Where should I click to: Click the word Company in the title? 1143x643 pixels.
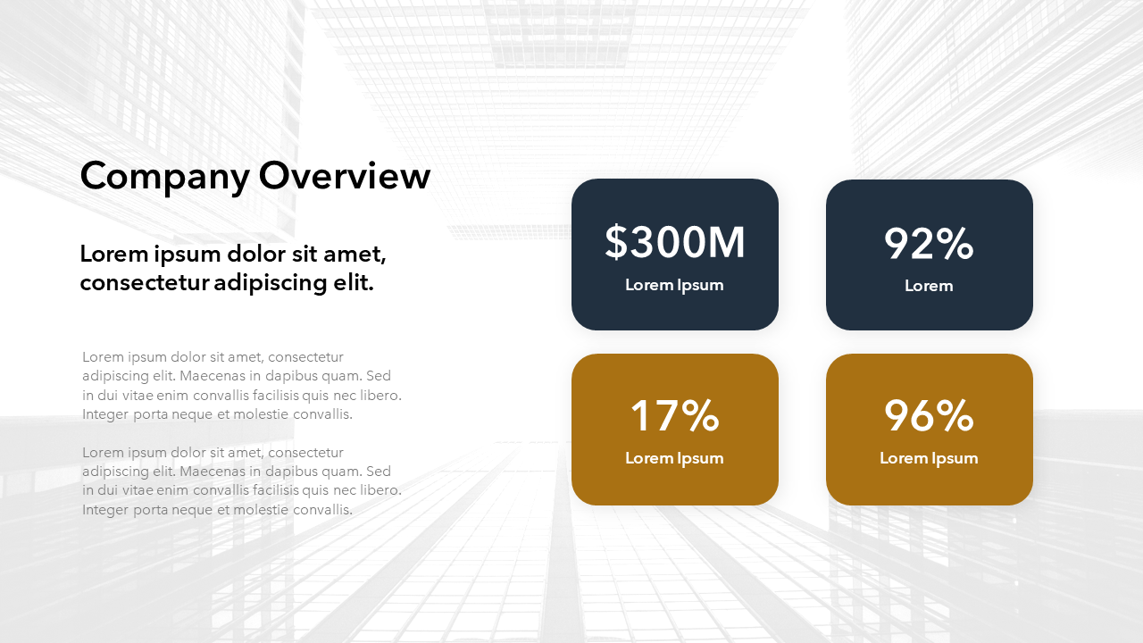(164, 177)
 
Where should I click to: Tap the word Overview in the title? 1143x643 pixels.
(345, 175)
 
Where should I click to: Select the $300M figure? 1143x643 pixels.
(674, 242)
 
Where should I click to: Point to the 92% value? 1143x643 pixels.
(929, 244)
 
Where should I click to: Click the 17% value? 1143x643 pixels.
(674, 416)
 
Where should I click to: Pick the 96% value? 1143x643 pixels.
(929, 416)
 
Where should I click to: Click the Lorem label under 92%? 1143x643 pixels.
(929, 286)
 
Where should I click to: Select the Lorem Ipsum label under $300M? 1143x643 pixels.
(674, 285)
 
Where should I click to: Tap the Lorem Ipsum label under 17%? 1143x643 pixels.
(674, 458)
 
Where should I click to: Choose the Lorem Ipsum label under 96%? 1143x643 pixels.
(929, 458)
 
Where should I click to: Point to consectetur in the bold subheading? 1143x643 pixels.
(144, 283)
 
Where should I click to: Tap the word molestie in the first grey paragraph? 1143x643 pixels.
(261, 414)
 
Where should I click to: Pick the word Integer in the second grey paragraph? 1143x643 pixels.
(105, 510)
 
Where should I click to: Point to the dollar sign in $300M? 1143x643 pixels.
(616, 242)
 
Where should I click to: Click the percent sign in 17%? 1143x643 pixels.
(700, 416)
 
